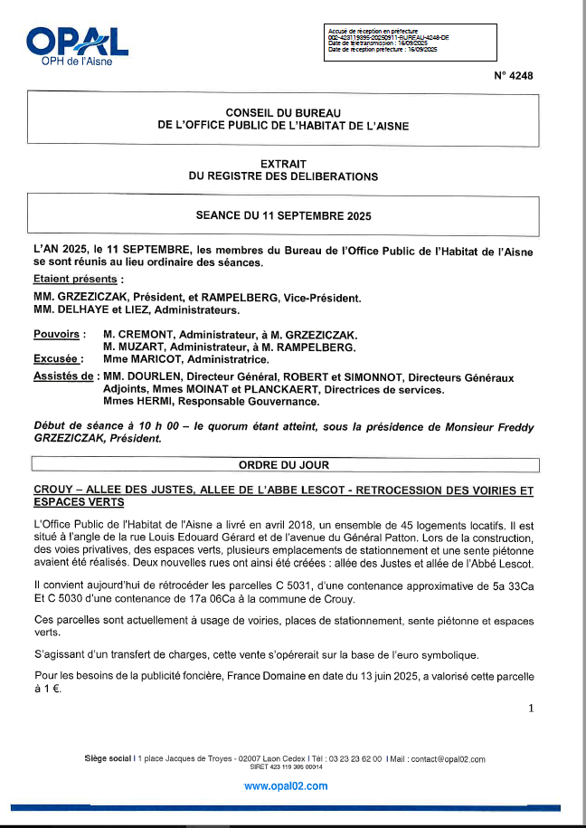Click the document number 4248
pos(514,76)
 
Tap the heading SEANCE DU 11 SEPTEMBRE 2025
pos(283,216)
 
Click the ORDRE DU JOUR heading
pos(284,464)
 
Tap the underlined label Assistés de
pos(62,376)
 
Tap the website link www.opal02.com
pos(286,786)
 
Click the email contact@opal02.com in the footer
pos(440,759)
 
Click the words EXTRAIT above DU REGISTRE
pos(283,164)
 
